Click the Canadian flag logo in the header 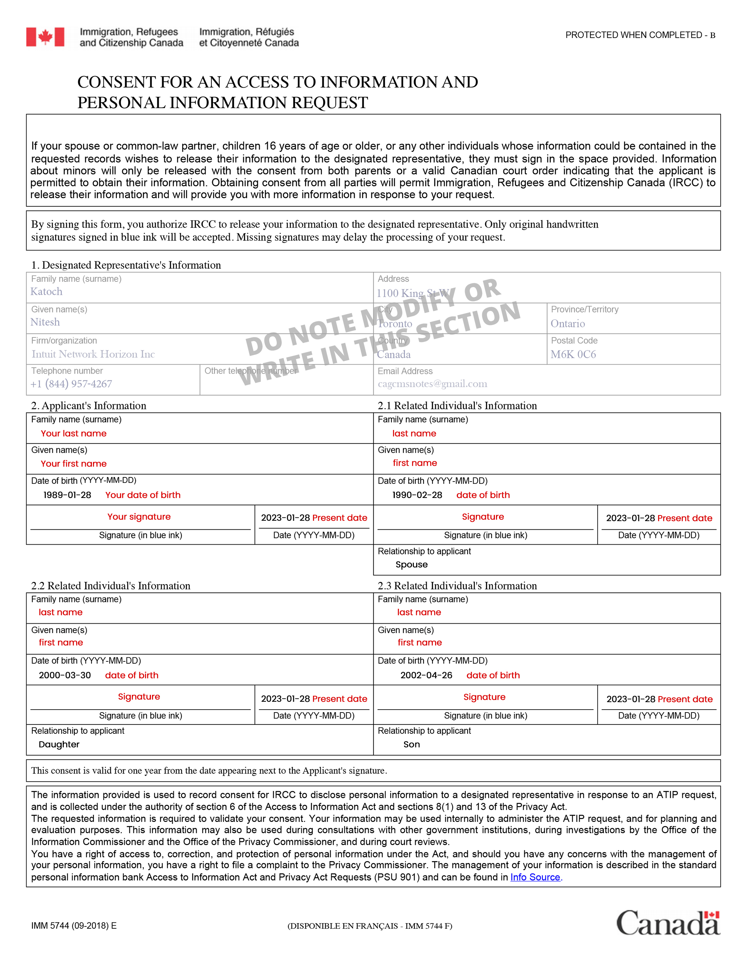[x=45, y=37]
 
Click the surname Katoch [x=46, y=292]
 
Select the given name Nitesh [x=45, y=322]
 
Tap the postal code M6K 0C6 [x=573, y=355]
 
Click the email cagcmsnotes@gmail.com [x=433, y=384]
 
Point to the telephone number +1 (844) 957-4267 [x=71, y=384]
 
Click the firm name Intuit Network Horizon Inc [x=93, y=354]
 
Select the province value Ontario [x=568, y=324]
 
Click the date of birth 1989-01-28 [x=67, y=495]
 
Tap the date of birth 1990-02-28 [x=417, y=495]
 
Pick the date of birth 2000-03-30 [x=65, y=675]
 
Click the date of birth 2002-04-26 [x=426, y=675]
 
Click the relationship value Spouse [x=412, y=565]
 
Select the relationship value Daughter [x=59, y=744]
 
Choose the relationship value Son [x=412, y=744]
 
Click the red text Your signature [x=139, y=517]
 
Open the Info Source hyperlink [x=535, y=877]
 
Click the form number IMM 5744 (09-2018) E [x=74, y=926]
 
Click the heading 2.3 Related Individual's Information [x=457, y=586]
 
